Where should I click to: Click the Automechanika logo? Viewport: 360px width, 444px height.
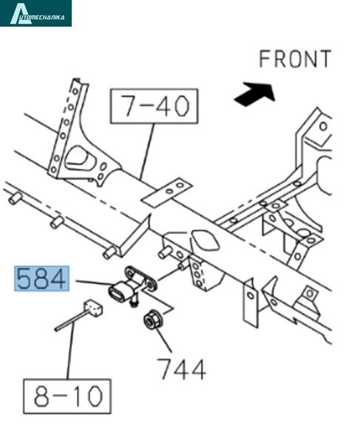click(x=35, y=13)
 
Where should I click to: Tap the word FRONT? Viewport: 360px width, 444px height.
click(x=295, y=59)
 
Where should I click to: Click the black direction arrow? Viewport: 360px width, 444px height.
click(x=254, y=94)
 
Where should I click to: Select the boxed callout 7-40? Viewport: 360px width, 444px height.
click(x=154, y=106)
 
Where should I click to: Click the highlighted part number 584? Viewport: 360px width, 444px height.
click(x=41, y=279)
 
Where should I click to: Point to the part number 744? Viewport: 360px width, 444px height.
click(x=181, y=369)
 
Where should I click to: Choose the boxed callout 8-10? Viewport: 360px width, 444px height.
click(x=67, y=396)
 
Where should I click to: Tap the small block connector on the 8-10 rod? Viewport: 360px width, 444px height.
click(x=92, y=308)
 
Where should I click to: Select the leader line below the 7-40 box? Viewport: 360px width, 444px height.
click(x=147, y=152)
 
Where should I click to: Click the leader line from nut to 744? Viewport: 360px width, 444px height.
click(x=163, y=340)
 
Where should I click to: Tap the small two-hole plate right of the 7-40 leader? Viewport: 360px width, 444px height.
click(x=167, y=192)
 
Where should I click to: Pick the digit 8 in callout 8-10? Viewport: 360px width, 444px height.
click(x=41, y=396)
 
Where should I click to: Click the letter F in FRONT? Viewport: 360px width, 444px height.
click(x=264, y=59)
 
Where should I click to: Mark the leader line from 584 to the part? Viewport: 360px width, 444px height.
click(x=95, y=283)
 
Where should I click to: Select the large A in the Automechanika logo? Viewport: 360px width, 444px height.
click(x=21, y=13)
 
